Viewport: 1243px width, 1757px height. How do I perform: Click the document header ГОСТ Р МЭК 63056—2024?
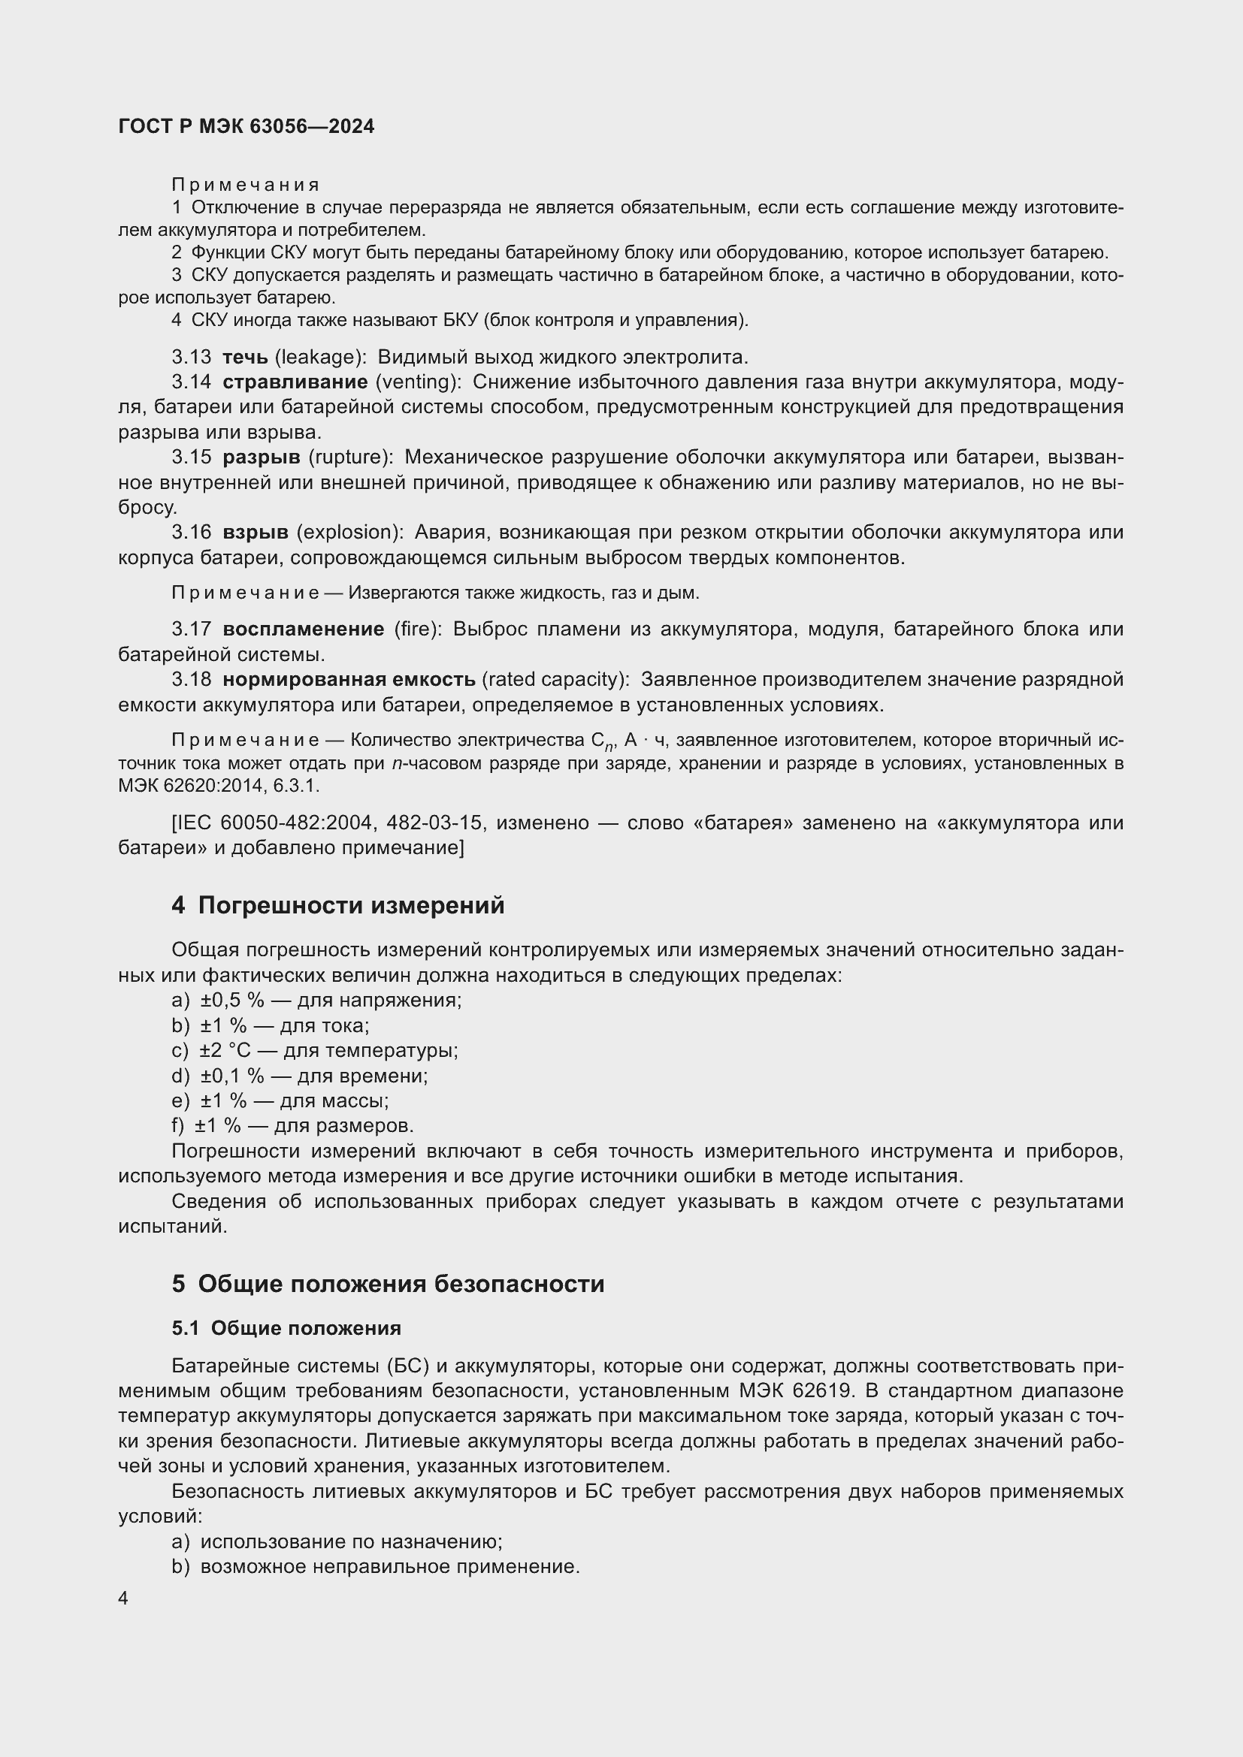tap(246, 127)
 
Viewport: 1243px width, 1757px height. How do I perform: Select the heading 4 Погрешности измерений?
tap(337, 905)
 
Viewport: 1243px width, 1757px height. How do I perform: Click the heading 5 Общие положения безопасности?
tap(387, 1283)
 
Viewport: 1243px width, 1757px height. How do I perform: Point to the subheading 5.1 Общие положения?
tap(286, 1327)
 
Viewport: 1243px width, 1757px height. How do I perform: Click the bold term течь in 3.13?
tap(245, 358)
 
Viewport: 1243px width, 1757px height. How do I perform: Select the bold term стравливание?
tap(295, 382)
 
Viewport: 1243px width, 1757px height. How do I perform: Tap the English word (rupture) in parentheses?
tap(350, 457)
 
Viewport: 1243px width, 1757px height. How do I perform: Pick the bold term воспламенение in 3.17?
tap(303, 629)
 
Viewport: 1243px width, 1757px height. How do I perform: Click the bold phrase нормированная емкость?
tap(349, 680)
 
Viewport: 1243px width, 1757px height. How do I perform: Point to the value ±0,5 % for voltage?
tap(232, 1000)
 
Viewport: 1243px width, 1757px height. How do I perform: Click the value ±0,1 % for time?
tap(232, 1076)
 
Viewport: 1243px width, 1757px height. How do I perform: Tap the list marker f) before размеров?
tap(178, 1126)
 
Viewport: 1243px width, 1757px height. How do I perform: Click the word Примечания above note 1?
tap(245, 185)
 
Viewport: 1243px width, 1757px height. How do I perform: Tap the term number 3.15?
tap(192, 457)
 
